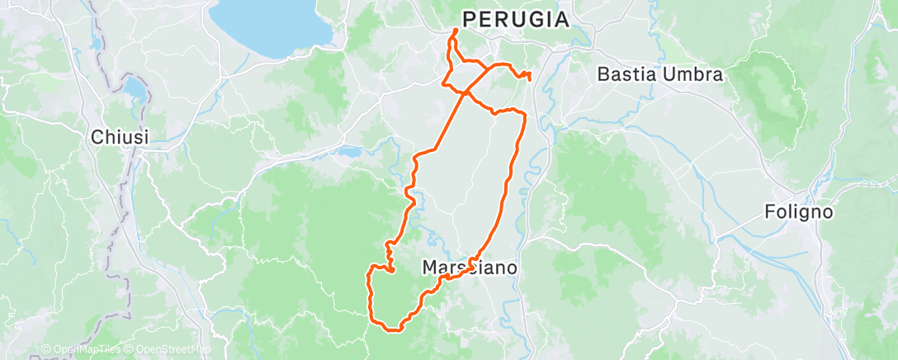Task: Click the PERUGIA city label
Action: click(516, 19)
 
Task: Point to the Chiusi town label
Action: click(120, 137)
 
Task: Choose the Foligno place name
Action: click(797, 212)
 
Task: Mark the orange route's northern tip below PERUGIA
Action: click(456, 31)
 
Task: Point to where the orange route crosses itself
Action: click(466, 92)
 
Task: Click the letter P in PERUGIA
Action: click(468, 19)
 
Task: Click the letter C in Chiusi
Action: click(97, 137)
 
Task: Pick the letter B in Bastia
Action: click(603, 74)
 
